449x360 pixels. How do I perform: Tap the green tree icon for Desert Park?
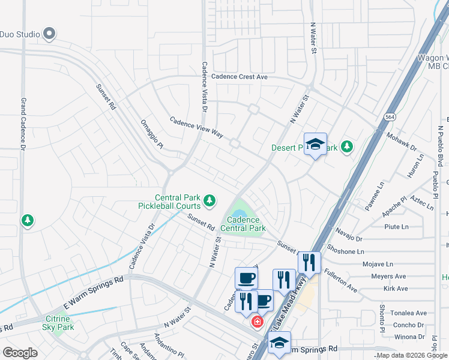pos(346,146)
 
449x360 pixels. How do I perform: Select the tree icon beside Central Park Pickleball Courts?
pos(209,200)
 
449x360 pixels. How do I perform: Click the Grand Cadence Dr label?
pos(24,124)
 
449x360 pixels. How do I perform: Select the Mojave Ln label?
pos(378,263)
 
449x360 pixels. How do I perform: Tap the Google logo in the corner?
pos(20,353)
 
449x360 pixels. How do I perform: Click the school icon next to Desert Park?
pos(315,144)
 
